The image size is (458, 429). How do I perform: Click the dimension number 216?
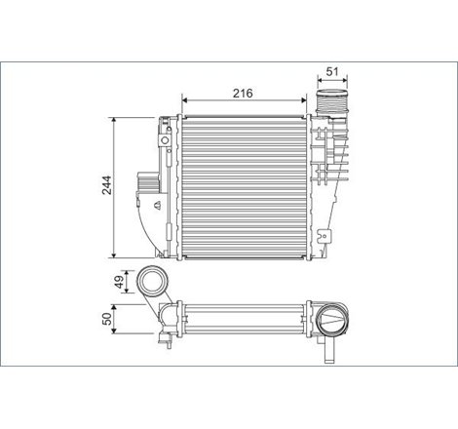point(243,93)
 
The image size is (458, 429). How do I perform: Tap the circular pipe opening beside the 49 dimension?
point(152,283)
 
